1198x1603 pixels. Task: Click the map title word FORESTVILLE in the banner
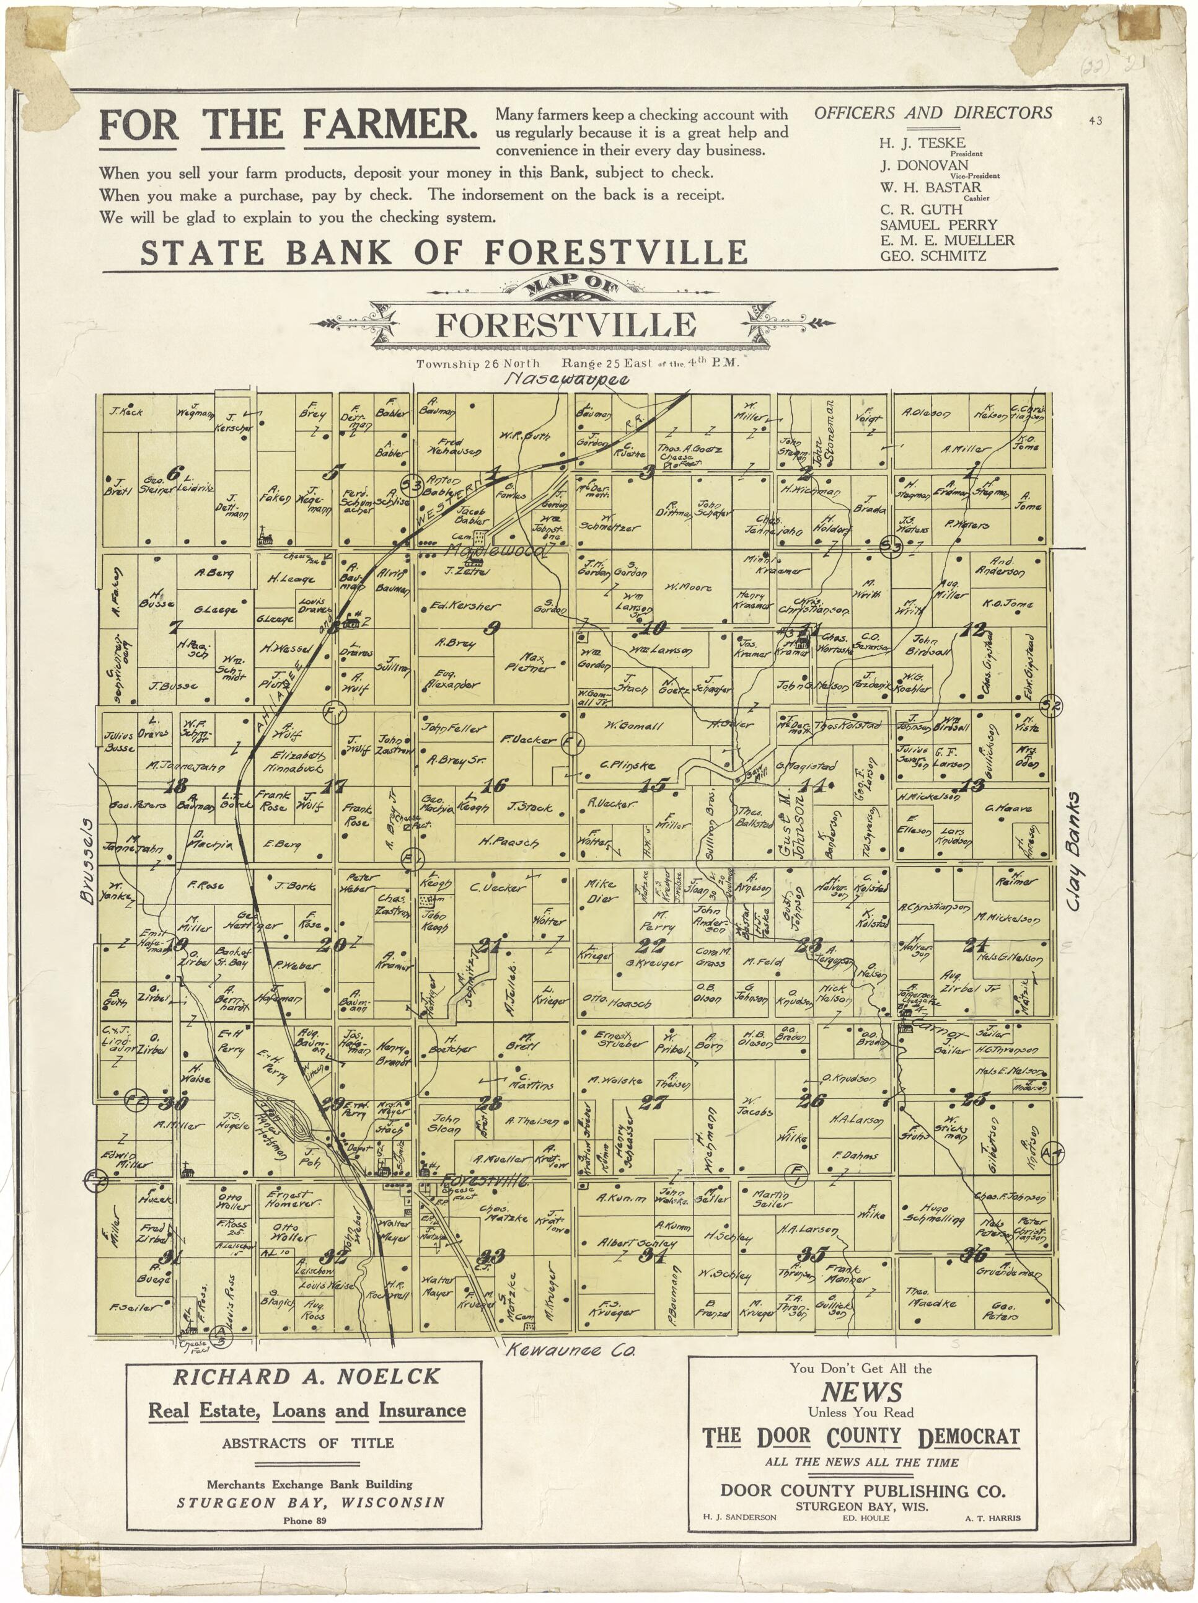[x=565, y=325]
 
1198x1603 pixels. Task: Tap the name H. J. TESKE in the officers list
[x=921, y=143]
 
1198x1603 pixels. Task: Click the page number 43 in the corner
[x=1094, y=121]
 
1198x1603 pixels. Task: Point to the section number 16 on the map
[x=495, y=784]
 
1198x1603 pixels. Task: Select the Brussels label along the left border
[x=87, y=860]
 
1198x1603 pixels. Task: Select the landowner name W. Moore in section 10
[x=688, y=587]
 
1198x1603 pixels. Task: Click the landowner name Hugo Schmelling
[x=943, y=1213]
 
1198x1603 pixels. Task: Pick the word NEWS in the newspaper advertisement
[x=861, y=1407]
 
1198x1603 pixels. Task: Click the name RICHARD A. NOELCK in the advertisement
[x=306, y=1376]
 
